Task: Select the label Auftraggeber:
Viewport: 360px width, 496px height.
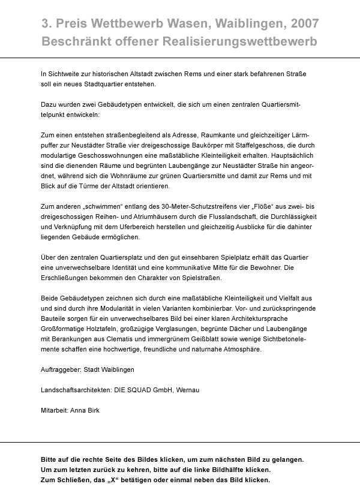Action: click(x=62, y=369)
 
